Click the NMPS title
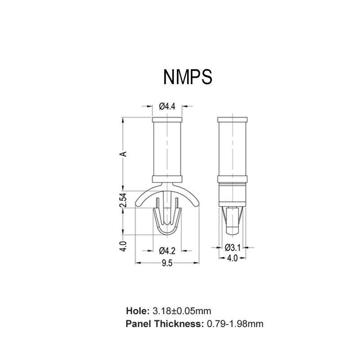tap(187, 76)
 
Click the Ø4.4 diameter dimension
tap(167, 107)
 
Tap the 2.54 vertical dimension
tap(125, 200)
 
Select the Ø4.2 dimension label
tap(167, 250)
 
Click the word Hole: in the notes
tap(137, 311)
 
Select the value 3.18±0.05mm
tap(181, 311)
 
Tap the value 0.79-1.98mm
tap(235, 324)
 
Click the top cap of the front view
tap(167, 121)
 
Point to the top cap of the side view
tap(232, 121)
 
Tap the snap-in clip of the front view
tap(167, 220)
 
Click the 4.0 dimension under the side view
tap(232, 259)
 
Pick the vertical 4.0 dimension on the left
tap(125, 247)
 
